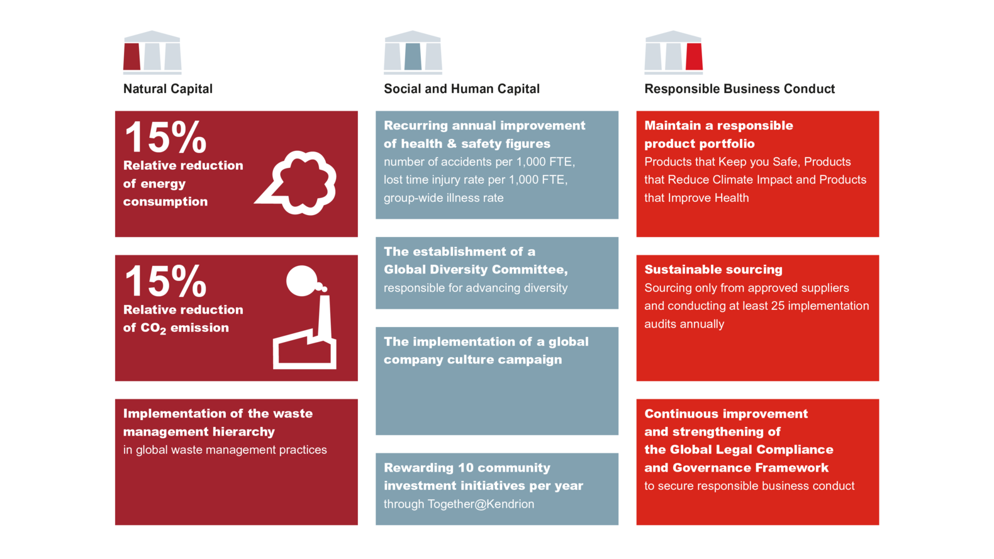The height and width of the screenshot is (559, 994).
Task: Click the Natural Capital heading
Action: (x=168, y=89)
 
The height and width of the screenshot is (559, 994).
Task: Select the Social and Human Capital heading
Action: (x=462, y=89)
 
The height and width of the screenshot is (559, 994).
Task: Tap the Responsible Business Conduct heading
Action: (x=739, y=89)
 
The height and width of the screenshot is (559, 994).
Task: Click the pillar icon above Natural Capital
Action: (x=152, y=52)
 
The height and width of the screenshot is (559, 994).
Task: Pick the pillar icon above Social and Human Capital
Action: (x=413, y=52)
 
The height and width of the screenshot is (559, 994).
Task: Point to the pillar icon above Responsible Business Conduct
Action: (x=674, y=52)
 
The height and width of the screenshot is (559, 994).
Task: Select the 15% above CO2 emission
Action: (x=165, y=281)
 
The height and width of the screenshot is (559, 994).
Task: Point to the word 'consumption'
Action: (x=165, y=202)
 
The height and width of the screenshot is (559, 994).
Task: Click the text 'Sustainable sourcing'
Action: (x=713, y=269)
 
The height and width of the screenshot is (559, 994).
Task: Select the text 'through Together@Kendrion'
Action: (x=459, y=504)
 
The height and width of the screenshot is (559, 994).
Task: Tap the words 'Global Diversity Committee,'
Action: (x=476, y=269)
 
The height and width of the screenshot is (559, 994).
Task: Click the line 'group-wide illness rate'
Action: (x=444, y=198)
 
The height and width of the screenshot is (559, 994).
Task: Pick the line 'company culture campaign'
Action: (x=472, y=360)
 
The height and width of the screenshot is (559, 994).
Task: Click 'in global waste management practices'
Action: (x=225, y=450)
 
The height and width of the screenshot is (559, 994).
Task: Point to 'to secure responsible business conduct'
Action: (x=749, y=486)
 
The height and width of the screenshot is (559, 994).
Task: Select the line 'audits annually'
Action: (x=684, y=324)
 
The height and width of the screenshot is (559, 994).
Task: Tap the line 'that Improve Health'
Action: (x=696, y=198)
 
